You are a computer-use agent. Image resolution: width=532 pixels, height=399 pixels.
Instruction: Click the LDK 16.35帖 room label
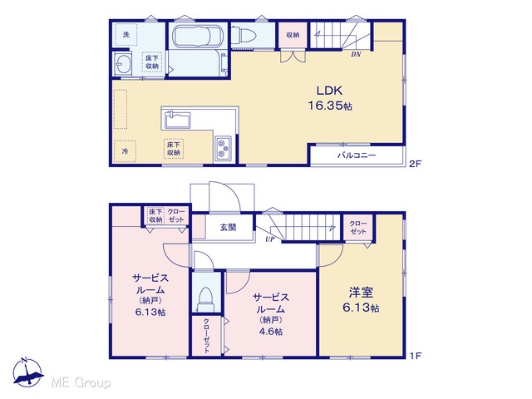coord(330,98)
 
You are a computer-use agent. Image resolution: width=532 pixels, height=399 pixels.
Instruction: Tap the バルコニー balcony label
coord(357,155)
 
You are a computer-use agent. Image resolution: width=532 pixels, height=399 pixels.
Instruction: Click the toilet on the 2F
coord(244,35)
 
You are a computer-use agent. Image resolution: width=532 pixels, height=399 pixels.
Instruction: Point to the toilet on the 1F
coord(204,299)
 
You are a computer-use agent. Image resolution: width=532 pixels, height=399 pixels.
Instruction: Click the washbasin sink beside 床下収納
coord(122,63)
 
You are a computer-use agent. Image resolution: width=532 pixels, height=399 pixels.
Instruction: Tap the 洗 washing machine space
coord(126,35)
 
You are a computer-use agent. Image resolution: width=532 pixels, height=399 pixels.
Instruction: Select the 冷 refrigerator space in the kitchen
coord(125,151)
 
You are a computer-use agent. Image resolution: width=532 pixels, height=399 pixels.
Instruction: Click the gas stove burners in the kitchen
coord(223,149)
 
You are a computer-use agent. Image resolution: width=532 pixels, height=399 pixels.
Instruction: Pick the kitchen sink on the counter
coord(177,120)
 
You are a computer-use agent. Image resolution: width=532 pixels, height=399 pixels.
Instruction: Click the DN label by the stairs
coord(356,54)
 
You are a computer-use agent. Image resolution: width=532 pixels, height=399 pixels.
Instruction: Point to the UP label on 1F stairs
coord(270,239)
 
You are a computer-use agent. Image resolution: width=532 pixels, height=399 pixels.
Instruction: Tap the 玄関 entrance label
coord(228,227)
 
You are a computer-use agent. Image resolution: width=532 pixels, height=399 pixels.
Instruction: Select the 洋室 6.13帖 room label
coord(361,299)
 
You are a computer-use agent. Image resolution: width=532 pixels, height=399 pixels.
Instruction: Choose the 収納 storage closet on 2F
coord(293,35)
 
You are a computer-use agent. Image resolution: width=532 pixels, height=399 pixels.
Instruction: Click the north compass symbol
coord(27,372)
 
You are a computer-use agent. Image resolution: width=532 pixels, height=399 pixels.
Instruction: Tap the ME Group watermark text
coord(81,383)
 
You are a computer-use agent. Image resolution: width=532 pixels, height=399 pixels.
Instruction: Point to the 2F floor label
coord(415,164)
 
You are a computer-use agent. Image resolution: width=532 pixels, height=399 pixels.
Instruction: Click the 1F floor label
coord(415,356)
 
